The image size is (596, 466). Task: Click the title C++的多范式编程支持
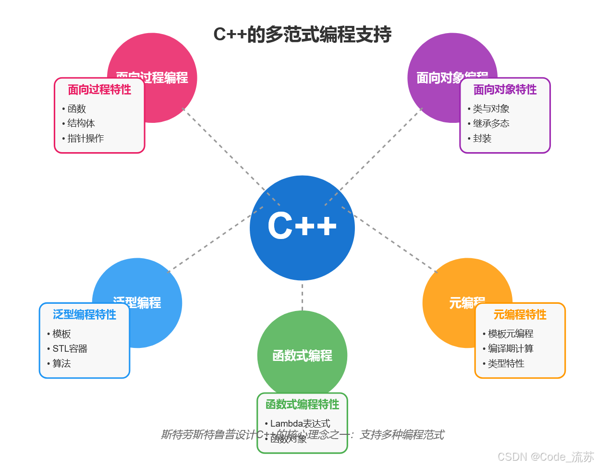click(302, 35)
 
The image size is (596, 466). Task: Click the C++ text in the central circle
click(302, 226)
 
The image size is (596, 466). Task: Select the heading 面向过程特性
click(99, 90)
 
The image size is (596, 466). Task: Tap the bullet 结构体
click(81, 123)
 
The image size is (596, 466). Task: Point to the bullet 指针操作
click(85, 138)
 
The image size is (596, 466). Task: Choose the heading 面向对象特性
click(505, 90)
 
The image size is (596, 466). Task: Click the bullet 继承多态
click(491, 123)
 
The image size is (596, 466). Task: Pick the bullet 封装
click(482, 138)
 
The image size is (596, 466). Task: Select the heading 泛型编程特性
click(85, 314)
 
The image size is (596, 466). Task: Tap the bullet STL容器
click(70, 348)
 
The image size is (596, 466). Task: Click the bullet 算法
click(61, 363)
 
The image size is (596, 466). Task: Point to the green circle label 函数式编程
click(302, 356)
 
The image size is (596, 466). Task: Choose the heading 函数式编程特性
click(302, 405)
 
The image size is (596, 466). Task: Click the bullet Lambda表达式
click(300, 423)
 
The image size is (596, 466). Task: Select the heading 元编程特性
click(520, 314)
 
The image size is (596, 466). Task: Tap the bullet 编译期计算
click(511, 348)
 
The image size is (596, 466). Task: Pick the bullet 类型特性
click(506, 363)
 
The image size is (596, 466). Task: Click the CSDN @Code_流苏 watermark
click(546, 456)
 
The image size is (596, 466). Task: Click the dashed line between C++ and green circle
click(302, 296)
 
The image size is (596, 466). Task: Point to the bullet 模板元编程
click(511, 334)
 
